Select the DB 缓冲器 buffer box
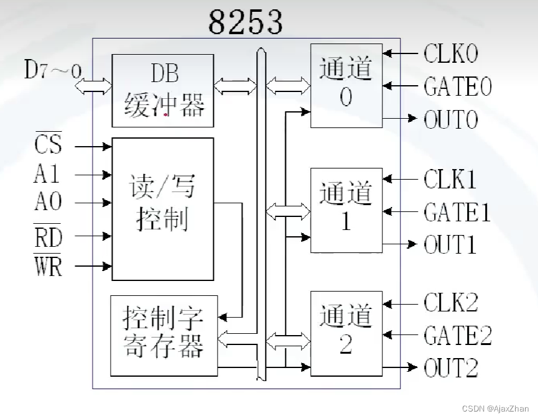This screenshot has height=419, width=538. pos(163,91)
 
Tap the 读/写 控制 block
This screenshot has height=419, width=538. pos(163,208)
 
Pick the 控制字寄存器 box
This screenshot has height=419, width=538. pos(164,336)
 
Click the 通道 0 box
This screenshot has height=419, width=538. pos(346,85)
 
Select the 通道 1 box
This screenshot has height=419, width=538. pos(346,210)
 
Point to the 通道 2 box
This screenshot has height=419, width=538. pos(346,333)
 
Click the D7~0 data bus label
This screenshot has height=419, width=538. pos(52,70)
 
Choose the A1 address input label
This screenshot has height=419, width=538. pos(47,174)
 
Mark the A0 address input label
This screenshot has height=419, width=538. pos(47,203)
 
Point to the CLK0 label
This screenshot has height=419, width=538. pos(451,54)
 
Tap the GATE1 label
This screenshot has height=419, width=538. pos(457,213)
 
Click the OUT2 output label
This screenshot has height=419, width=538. pos(451,368)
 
